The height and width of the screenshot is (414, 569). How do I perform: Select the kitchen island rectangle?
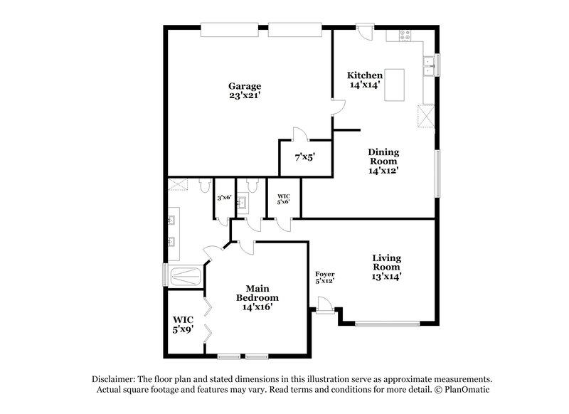point(395,85)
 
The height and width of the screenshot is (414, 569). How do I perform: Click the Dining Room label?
point(383,161)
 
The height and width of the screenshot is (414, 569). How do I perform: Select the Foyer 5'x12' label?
point(325,277)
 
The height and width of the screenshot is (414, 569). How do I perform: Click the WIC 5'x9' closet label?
point(184,324)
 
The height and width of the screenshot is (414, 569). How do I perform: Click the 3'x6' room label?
point(224,198)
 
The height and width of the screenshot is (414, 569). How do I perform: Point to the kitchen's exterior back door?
point(364,32)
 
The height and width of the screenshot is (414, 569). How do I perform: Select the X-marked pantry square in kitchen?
point(426,115)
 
